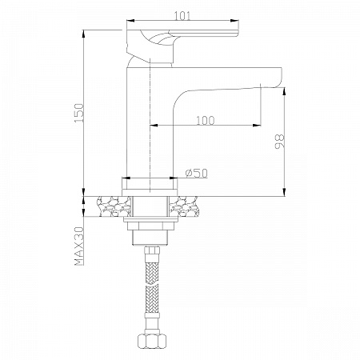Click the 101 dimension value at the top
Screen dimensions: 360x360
click(x=183, y=16)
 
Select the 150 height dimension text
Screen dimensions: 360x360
click(x=79, y=113)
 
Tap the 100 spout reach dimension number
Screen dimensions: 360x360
click(x=206, y=121)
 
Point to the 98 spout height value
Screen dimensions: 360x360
click(x=279, y=142)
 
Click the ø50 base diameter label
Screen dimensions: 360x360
click(x=197, y=174)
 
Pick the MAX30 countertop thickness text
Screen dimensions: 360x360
click(x=79, y=246)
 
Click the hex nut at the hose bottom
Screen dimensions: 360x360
click(x=152, y=341)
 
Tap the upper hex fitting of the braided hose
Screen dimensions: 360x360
click(x=152, y=250)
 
